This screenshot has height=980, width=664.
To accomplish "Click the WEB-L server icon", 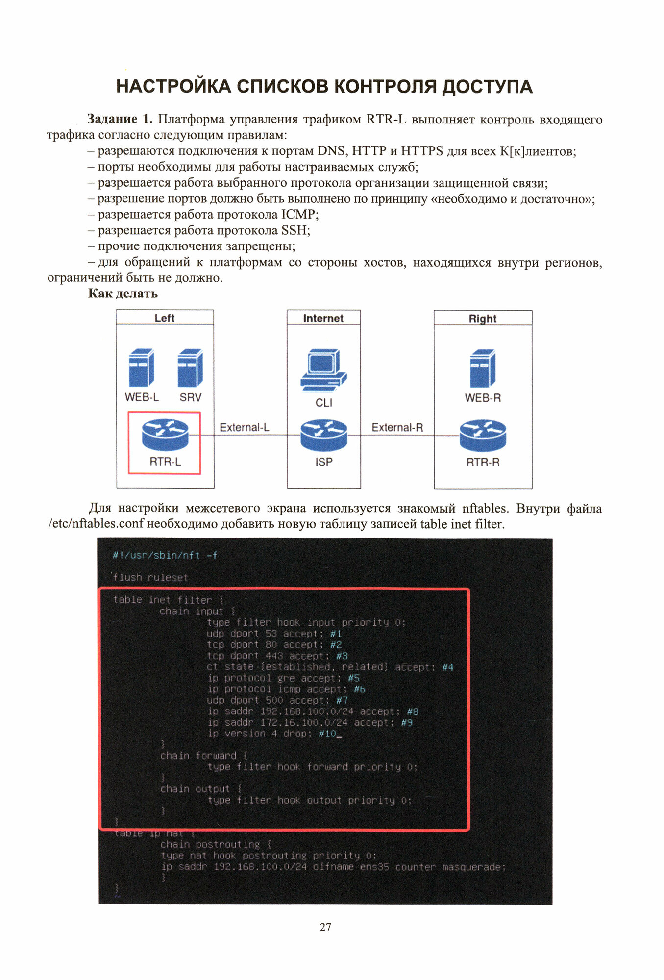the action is coord(141,368).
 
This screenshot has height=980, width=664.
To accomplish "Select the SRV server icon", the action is coord(190,368).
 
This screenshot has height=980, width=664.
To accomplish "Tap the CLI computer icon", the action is coord(323,370).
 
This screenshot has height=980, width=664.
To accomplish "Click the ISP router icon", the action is coord(323,435).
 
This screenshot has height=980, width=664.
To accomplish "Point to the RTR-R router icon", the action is coord(483,436).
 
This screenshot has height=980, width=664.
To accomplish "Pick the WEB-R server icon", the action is coord(483,369).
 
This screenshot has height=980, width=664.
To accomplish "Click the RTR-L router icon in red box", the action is coord(165,435).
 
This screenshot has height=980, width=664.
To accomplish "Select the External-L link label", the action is coord(244,427).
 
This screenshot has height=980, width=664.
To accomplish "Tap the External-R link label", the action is coord(397,427).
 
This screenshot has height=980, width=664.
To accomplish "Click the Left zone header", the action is coord(165,318).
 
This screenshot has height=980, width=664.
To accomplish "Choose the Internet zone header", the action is coord(323,318).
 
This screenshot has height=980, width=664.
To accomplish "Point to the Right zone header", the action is coord(483,318).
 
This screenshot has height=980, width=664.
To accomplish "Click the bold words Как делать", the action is coord(123,294).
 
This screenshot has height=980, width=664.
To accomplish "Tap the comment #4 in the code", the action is coord(447,667).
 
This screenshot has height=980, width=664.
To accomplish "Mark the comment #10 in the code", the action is coord(327,734).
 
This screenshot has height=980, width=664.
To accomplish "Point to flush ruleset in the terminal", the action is coord(150,577).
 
